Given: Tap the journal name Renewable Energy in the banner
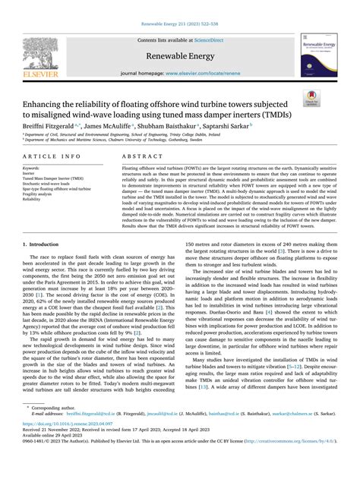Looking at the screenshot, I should [180, 55].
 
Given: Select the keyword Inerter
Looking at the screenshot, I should [31, 172].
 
